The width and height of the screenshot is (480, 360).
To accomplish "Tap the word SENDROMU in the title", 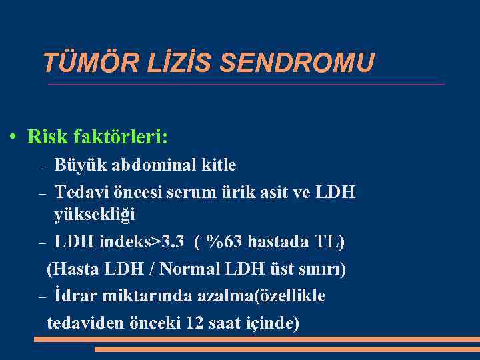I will tap(297, 63).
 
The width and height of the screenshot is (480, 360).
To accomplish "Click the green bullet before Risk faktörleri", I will tap(13, 137).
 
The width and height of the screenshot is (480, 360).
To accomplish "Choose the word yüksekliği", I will tap(95, 215).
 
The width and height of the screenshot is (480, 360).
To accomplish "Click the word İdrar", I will tap(77, 295).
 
